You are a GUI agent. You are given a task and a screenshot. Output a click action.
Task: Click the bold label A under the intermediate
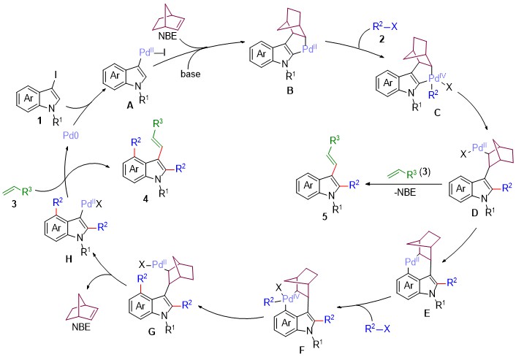tap(130, 105)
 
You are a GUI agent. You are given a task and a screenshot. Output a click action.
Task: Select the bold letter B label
tap(290, 90)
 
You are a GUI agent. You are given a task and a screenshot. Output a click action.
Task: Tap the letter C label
tap(437, 112)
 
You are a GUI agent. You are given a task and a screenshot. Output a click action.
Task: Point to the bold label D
tap(474, 213)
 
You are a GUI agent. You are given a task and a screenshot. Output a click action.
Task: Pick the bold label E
tap(427, 313)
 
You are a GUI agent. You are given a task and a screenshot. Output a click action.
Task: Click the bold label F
tap(302, 351)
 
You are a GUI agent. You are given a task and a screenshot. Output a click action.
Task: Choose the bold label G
tap(152, 332)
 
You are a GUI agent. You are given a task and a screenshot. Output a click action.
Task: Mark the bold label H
tap(69, 259)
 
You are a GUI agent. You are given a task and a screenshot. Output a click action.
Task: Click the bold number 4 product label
tap(145, 198)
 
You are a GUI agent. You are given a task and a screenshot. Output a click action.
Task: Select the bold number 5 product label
tap(325, 218)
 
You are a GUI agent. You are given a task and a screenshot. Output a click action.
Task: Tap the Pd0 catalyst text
tap(71, 135)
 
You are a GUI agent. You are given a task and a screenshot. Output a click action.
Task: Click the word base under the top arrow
tap(190, 74)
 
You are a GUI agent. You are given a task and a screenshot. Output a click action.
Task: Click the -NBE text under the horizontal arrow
tap(405, 193)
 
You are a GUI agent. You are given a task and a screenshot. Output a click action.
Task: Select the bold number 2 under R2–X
tap(382, 39)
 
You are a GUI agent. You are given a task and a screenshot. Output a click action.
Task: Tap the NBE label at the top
tap(167, 36)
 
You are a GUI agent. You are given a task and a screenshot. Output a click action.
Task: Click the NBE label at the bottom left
tap(81, 327)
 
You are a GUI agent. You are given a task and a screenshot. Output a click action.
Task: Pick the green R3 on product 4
tap(158, 125)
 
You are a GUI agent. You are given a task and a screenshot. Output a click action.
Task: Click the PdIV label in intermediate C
tap(437, 78)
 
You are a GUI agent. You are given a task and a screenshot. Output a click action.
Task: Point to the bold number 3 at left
tap(14, 204)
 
